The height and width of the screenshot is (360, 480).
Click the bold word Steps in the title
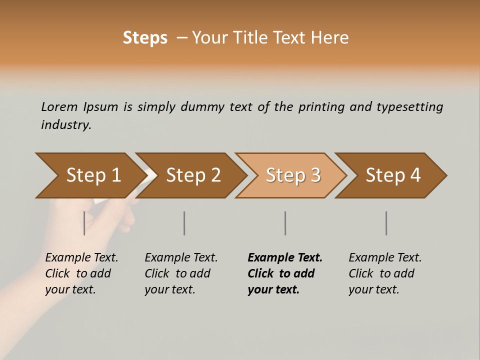[x=145, y=38]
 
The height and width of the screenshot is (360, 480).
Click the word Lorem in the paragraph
[x=59, y=106]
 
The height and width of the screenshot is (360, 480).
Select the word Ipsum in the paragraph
[x=100, y=106]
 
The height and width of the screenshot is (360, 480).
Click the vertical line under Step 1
[x=84, y=223]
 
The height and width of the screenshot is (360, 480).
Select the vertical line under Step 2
[x=184, y=223]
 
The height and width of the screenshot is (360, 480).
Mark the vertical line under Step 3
[x=285, y=223]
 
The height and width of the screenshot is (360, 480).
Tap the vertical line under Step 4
[x=386, y=223]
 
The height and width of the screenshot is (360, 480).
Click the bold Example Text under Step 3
[x=285, y=257]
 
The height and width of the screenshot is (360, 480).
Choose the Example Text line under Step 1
[x=81, y=257]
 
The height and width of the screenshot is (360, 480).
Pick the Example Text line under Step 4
[x=385, y=257]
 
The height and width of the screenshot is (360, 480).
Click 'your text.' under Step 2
[x=169, y=289]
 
